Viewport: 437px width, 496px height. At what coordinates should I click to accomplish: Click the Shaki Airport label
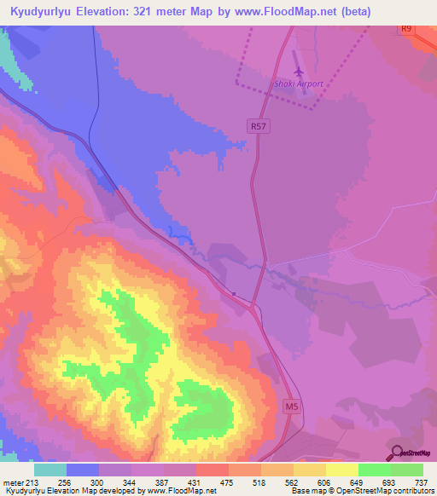coord(298,84)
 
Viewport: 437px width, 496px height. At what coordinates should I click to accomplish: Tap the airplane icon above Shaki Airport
coord(298,72)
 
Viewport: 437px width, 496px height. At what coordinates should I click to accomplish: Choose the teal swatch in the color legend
coord(50,470)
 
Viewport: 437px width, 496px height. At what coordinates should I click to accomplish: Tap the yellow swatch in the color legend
coord(341,470)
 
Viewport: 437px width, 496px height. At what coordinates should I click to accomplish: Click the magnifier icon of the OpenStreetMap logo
coord(395,453)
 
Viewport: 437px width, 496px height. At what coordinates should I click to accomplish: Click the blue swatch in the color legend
coord(83,470)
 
